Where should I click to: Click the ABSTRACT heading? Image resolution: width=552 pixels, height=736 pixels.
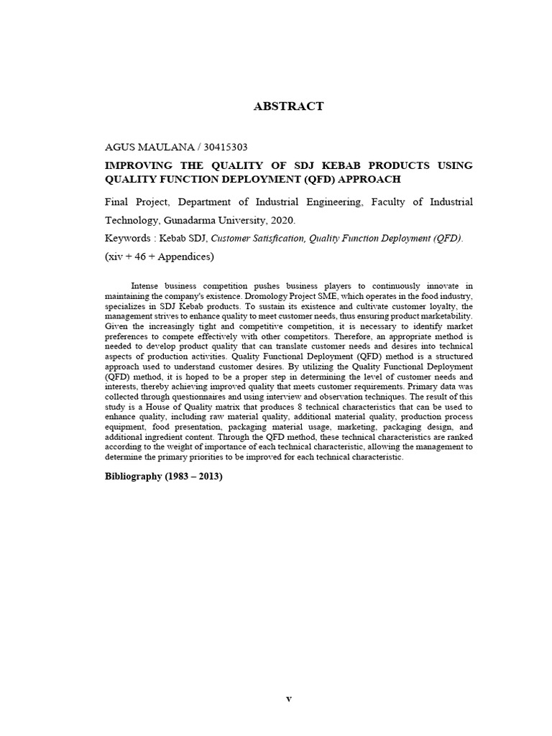pos(288,106)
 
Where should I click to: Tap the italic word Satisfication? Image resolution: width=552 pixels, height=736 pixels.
pos(274,238)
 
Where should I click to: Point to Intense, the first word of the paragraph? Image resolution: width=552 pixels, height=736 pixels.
pos(147,286)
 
